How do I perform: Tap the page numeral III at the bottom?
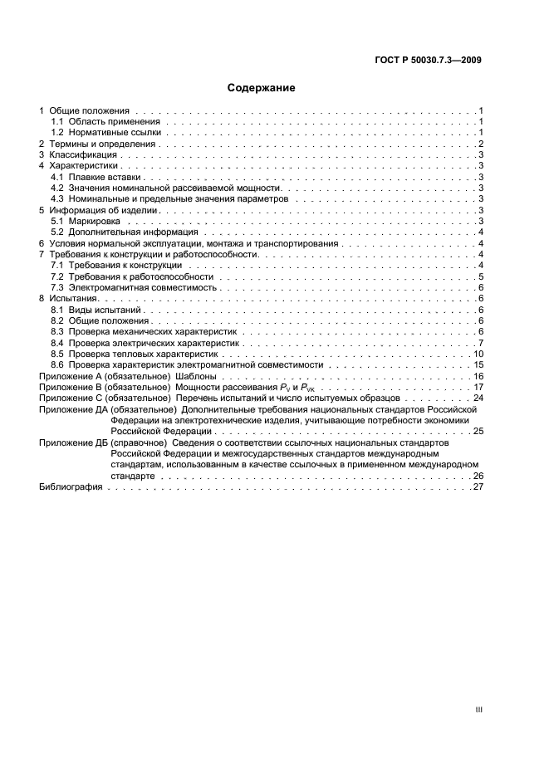(478, 710)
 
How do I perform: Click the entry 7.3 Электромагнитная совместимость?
(128, 287)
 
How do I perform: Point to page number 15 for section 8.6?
(478, 364)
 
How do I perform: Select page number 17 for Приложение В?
(478, 387)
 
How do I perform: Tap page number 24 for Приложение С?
(478, 398)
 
